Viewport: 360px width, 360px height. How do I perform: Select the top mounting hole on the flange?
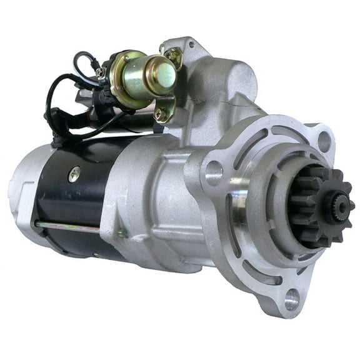[324, 142]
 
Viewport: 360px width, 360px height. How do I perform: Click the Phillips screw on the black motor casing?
[74, 175]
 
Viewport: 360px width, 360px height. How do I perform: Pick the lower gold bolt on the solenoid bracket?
[161, 114]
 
